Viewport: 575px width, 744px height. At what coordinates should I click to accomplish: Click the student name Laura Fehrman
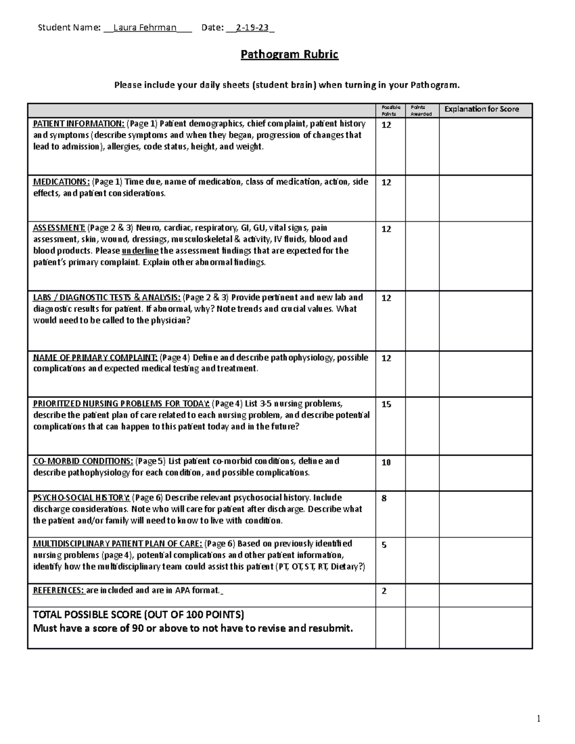point(144,28)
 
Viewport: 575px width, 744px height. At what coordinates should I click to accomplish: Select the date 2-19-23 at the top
point(249,28)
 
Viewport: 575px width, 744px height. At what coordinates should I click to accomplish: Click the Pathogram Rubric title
point(289,55)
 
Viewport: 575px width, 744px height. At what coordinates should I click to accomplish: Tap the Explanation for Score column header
point(481,109)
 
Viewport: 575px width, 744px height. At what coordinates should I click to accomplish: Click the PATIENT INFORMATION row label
point(79,124)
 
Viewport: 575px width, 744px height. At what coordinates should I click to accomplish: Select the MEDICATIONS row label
point(61,182)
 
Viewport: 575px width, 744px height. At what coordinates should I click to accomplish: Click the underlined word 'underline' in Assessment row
point(140,251)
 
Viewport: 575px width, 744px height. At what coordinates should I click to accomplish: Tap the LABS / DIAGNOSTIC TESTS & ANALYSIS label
point(107,298)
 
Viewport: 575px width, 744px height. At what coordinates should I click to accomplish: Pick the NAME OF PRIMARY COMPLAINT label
point(95,357)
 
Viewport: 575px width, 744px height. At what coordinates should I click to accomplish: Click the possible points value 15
point(386,404)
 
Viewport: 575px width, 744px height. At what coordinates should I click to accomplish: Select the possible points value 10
point(386,462)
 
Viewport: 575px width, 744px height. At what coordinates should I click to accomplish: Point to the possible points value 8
point(384,499)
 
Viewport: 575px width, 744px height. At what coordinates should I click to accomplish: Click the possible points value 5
point(384,545)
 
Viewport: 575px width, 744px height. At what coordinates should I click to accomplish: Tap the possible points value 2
point(384,591)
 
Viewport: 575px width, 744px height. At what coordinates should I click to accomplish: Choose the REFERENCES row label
point(58,590)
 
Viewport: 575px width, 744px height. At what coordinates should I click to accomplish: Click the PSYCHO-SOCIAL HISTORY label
point(81,498)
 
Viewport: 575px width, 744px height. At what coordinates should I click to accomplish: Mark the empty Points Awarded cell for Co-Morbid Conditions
point(422,473)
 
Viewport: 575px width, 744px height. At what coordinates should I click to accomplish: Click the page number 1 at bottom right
point(539,719)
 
